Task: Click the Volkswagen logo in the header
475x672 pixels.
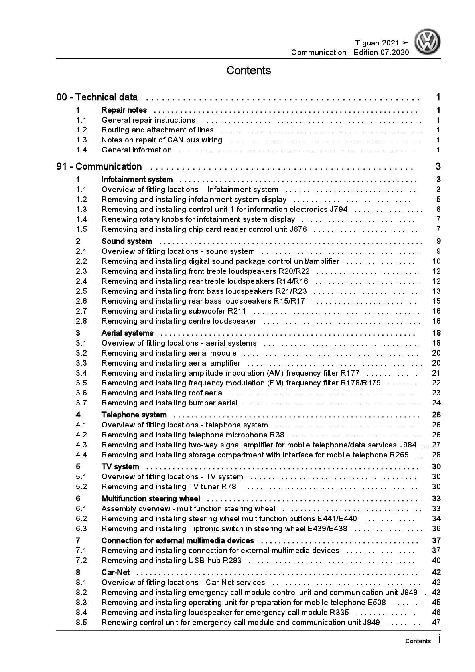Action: click(x=427, y=42)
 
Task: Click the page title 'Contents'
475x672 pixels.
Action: click(x=248, y=71)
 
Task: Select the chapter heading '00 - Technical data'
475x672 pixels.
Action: click(x=97, y=97)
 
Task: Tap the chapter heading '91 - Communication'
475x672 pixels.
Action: click(x=99, y=166)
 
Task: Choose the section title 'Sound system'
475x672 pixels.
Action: click(x=127, y=241)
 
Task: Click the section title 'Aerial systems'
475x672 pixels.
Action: click(x=127, y=333)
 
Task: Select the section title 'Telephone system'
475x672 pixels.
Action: click(x=134, y=415)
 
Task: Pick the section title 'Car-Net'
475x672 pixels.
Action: click(x=116, y=572)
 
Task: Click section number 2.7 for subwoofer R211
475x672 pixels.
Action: click(x=81, y=311)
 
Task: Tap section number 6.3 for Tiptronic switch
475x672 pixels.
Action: click(x=81, y=528)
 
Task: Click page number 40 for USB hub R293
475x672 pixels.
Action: click(x=436, y=560)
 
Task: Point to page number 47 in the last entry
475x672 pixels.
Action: click(x=436, y=622)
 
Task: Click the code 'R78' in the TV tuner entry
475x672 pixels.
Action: click(x=229, y=486)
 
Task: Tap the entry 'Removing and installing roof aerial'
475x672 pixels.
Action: click(x=162, y=393)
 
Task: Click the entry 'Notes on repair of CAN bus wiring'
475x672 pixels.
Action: click(x=162, y=140)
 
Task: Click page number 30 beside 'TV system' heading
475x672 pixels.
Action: click(x=436, y=466)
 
